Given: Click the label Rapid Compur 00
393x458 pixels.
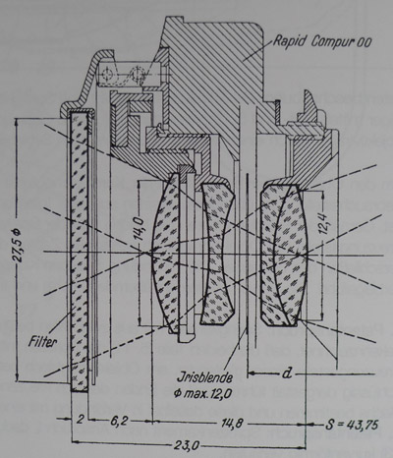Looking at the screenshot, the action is pyautogui.click(x=322, y=41).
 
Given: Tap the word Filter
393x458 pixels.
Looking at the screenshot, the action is pyautogui.click(x=42, y=342).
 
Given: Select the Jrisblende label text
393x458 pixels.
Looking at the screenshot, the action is pyautogui.click(x=204, y=377).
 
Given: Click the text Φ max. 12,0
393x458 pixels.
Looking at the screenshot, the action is pyautogui.click(x=202, y=393).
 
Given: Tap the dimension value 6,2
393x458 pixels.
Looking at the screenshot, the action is pyautogui.click(x=120, y=421).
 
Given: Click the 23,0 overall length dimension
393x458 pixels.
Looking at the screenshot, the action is pyautogui.click(x=186, y=445).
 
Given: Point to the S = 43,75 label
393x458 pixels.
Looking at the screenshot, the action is pyautogui.click(x=352, y=425).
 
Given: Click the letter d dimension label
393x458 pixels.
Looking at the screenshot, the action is pyautogui.click(x=287, y=372).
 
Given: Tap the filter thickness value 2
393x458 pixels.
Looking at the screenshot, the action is pyautogui.click(x=81, y=420).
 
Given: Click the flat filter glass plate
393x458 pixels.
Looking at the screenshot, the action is pyautogui.click(x=80, y=252).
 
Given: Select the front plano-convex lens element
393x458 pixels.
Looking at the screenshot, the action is pyautogui.click(x=165, y=252).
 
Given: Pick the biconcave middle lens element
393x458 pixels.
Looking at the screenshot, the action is pyautogui.click(x=217, y=254).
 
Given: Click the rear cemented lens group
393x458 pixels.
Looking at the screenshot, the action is pyautogui.click(x=284, y=255).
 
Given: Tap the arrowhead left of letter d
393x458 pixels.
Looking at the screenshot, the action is pyautogui.click(x=252, y=372).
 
